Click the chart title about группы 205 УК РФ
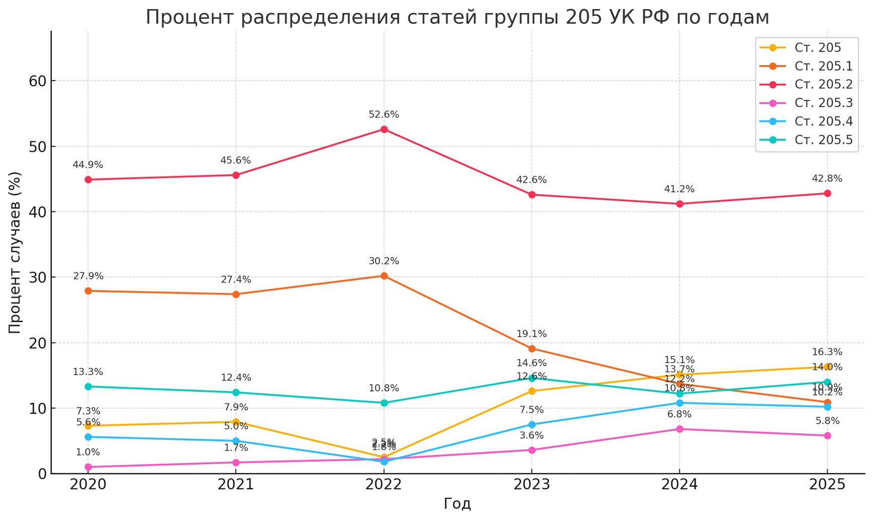[457, 18]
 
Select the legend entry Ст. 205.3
[823, 103]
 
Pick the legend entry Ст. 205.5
[823, 140]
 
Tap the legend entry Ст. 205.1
[823, 66]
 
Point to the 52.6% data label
[384, 115]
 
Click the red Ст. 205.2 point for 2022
[384, 130]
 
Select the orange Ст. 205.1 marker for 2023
[532, 349]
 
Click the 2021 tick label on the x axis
[236, 485]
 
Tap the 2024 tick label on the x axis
[679, 485]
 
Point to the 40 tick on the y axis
[38, 212]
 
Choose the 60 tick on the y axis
[38, 81]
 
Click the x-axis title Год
[457, 504]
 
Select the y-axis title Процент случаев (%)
[15, 252]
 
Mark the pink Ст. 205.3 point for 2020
[88, 467]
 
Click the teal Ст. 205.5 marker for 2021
[236, 392]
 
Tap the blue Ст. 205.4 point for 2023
[532, 425]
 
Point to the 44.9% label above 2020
[88, 165]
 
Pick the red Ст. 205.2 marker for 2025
[827, 193]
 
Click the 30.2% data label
[384, 261]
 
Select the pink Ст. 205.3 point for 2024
[679, 429]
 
